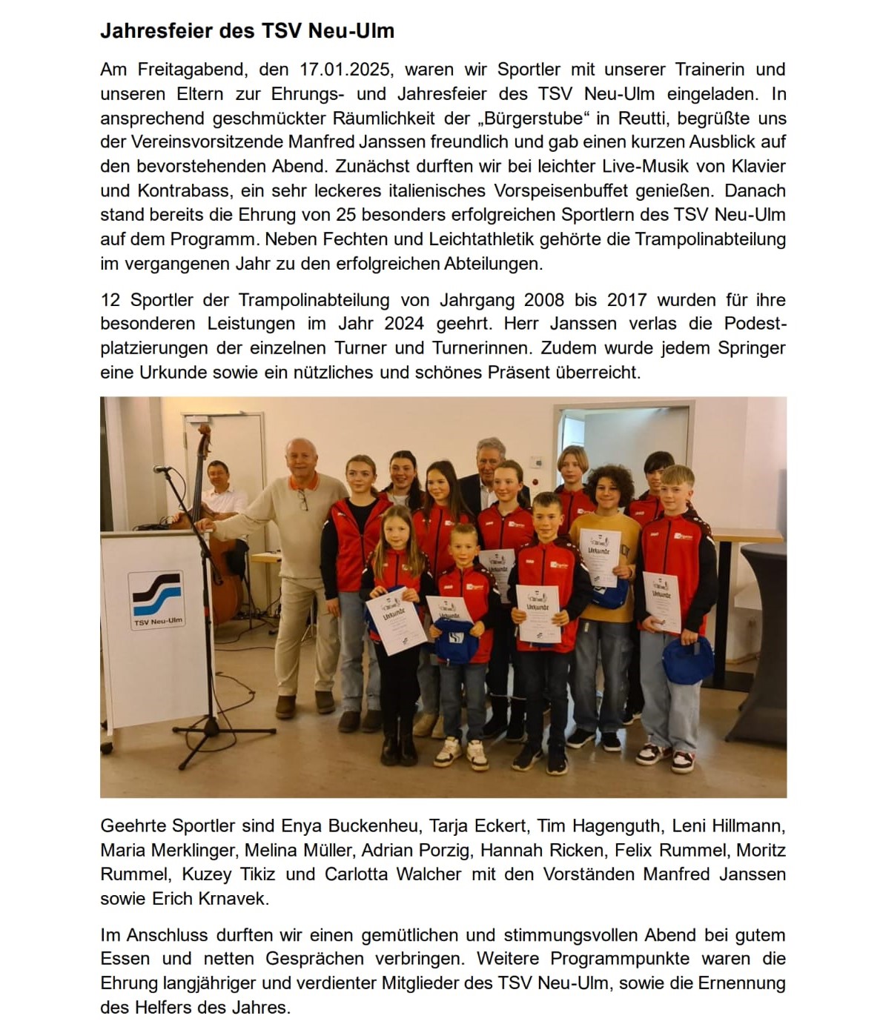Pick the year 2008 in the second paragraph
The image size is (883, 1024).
pos(549,300)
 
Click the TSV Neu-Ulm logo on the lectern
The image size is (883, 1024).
pos(156,599)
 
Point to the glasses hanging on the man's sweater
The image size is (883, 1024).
pos(303,502)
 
